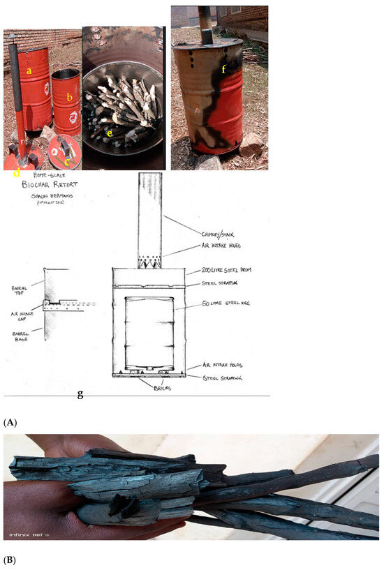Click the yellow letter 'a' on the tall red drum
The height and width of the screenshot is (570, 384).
(29, 70)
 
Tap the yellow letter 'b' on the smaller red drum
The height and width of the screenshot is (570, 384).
(69, 98)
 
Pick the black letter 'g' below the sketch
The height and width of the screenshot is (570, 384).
(80, 394)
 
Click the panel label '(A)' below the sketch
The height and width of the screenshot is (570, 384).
(10, 423)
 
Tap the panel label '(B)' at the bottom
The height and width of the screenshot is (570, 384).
(10, 560)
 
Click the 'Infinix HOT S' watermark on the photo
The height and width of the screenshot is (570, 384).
(30, 534)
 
